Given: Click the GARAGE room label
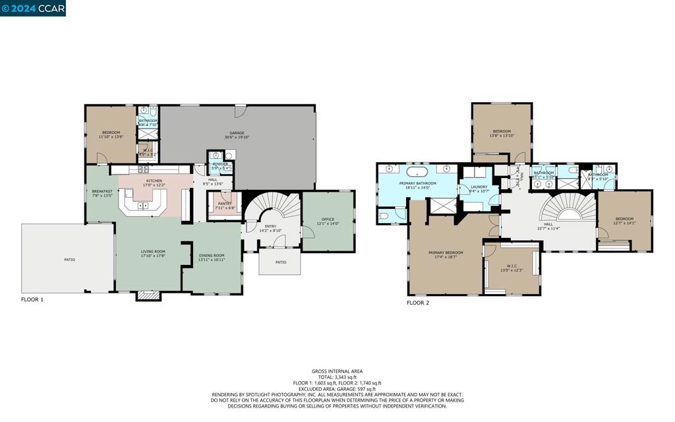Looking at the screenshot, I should point(237,133).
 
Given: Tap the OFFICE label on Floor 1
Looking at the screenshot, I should point(328,220).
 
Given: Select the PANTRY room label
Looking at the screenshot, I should point(225,204).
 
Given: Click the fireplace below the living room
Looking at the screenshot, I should point(148,296).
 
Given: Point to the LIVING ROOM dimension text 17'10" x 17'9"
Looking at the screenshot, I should point(153,256).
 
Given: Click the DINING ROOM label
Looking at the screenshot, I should point(212,255).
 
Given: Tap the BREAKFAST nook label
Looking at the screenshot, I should point(102,191).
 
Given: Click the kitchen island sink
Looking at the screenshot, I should point(140,206).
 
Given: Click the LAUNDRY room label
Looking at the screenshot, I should point(479,187).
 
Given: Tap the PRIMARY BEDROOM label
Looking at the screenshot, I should point(446,253).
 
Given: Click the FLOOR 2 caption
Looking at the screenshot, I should point(418,303).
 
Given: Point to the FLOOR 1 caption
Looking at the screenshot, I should point(32,299).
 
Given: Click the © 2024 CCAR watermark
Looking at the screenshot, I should point(33,8).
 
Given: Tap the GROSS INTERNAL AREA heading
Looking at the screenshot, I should point(337,371).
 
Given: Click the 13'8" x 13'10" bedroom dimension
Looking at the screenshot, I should point(502,136).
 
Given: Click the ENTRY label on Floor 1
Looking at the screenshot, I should point(270,226).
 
